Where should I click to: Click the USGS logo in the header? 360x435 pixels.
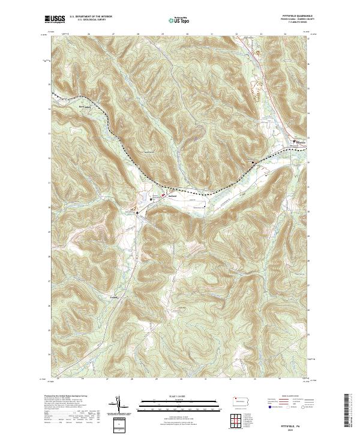pyautogui.click(x=55, y=19)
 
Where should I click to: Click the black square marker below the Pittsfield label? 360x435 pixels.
pyautogui.click(x=293, y=142)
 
